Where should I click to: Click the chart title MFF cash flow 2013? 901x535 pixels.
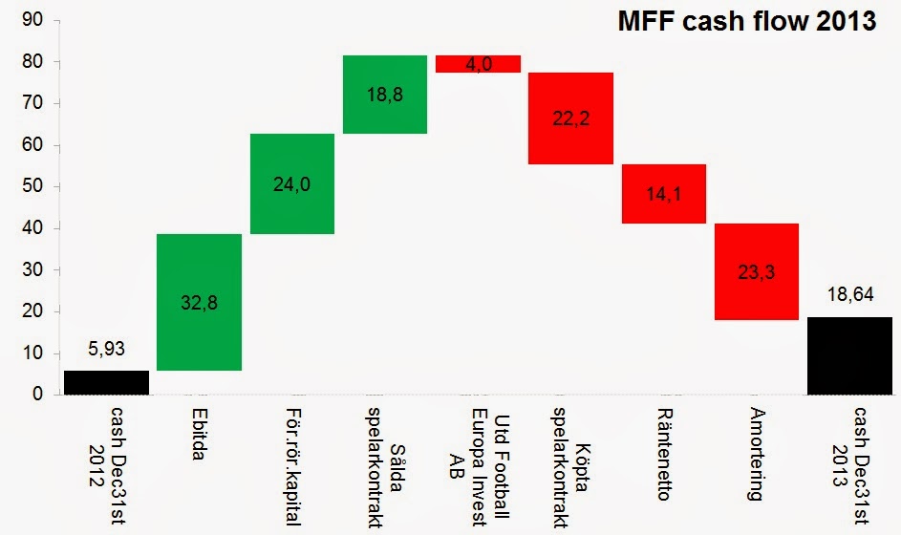click(745, 22)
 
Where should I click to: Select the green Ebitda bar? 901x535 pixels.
click(199, 302)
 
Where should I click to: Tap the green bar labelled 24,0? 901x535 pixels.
click(292, 183)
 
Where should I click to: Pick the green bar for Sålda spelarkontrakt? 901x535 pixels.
click(385, 95)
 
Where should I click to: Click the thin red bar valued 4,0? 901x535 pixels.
click(478, 64)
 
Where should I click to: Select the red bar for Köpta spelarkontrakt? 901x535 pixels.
click(570, 118)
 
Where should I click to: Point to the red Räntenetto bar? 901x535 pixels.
click(663, 194)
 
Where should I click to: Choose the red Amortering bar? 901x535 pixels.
click(756, 271)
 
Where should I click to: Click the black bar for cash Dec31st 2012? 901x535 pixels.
click(106, 382)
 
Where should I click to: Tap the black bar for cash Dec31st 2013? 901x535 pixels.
click(849, 355)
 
